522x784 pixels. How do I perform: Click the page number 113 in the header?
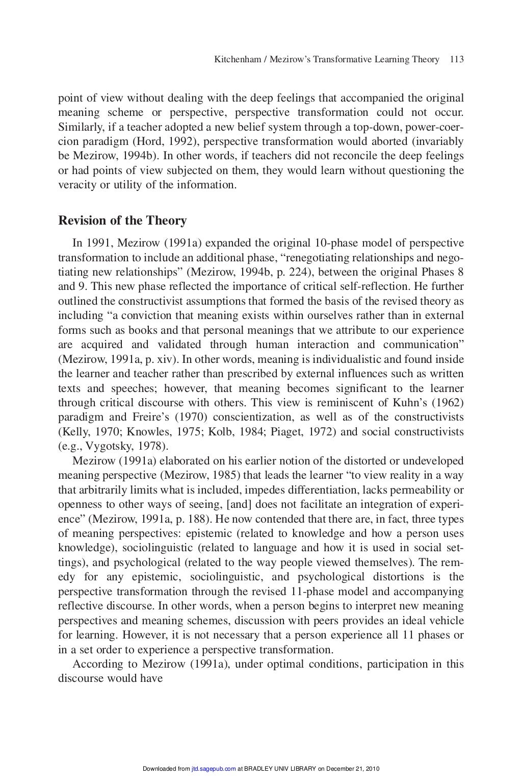pyautogui.click(x=457, y=60)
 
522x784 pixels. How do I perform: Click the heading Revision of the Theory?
pyautogui.click(x=122, y=221)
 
